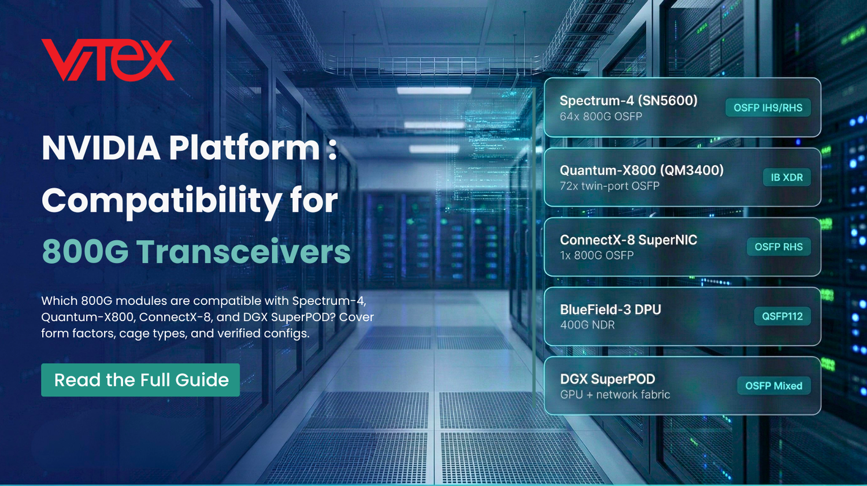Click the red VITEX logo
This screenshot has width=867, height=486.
(x=108, y=60)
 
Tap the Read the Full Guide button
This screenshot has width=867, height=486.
(x=140, y=380)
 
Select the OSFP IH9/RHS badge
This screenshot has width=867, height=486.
(x=768, y=108)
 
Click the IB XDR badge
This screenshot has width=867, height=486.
(x=786, y=178)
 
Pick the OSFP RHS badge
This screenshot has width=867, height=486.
(x=778, y=247)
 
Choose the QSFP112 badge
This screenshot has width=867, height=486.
(x=781, y=316)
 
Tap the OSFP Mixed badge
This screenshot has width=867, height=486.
(x=773, y=386)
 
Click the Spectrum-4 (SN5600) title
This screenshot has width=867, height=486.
(x=628, y=101)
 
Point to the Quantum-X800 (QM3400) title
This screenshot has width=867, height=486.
(x=642, y=171)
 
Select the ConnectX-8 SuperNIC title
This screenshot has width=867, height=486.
(x=628, y=240)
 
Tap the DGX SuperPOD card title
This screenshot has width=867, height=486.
(x=607, y=380)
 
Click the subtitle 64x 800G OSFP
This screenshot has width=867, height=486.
(x=601, y=116)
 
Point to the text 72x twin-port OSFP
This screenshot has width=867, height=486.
(x=609, y=186)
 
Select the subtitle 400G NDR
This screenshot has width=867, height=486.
(x=587, y=325)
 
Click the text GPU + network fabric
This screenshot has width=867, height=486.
(x=615, y=395)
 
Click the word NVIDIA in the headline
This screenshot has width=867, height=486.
(x=101, y=148)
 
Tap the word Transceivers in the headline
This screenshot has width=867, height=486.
(x=243, y=252)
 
